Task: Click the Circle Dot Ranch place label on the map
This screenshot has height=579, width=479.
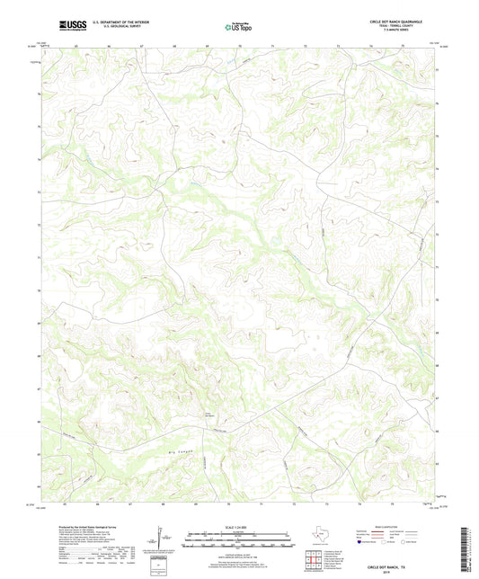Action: pyautogui.click(x=209, y=414)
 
